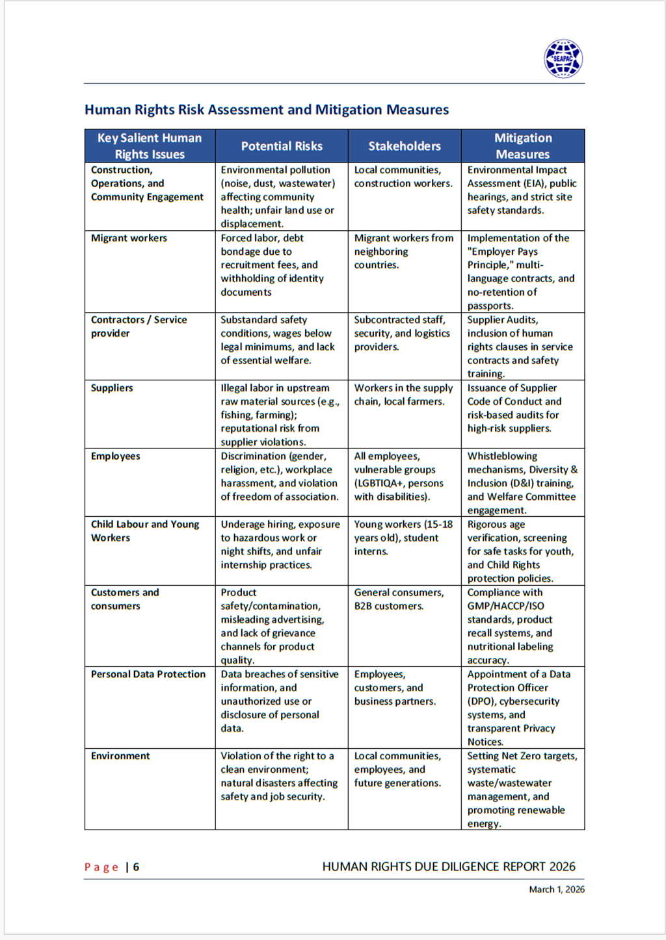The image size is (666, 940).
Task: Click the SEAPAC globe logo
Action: click(563, 59)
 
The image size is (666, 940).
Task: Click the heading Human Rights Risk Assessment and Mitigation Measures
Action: click(267, 110)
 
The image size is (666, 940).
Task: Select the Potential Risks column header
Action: click(282, 146)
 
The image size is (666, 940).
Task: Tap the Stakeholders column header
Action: click(405, 146)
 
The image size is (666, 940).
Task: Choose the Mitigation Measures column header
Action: click(523, 146)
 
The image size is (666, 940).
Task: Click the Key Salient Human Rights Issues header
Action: click(150, 146)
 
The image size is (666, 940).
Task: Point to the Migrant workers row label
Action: click(129, 238)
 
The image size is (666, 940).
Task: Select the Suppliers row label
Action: click(112, 388)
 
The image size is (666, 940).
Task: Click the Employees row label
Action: click(115, 456)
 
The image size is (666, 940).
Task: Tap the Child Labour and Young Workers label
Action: click(144, 530)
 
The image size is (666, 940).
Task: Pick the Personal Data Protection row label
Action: click(148, 674)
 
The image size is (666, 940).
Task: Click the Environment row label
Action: click(120, 756)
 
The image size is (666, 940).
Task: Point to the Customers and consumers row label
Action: click(124, 599)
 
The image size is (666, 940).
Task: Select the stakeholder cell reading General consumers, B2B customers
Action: click(399, 599)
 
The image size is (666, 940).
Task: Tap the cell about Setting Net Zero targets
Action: click(522, 789)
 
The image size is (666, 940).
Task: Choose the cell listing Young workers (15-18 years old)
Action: click(403, 538)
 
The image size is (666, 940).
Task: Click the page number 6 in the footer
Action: click(136, 867)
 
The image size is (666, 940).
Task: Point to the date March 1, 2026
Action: click(557, 889)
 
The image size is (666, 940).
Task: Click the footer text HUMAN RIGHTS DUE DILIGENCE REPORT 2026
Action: click(449, 867)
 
